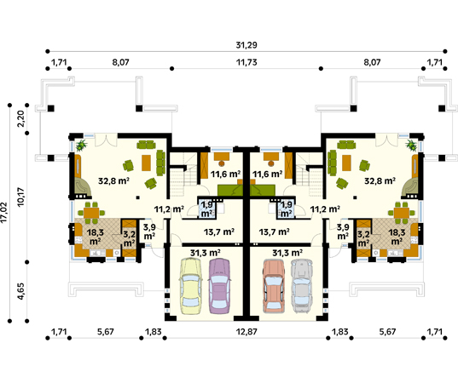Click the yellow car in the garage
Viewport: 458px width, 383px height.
[190, 286]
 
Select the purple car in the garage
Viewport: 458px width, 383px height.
[219, 286]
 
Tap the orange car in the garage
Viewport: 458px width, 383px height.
[274, 286]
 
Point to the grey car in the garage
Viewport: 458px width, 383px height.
[302, 286]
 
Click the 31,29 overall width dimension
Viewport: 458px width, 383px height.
[246, 45]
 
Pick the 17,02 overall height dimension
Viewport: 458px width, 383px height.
[3, 213]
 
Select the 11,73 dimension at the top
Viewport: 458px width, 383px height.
[246, 62]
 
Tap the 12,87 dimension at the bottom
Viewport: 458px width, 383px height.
[246, 332]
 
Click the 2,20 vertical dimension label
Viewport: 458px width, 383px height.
[21, 118]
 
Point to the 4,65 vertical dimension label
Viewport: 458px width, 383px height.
[21, 291]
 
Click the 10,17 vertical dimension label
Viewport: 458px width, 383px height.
[21, 197]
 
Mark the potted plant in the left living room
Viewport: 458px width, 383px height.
[81, 145]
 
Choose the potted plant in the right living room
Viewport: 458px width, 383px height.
[412, 145]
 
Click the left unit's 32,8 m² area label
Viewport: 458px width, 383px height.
[113, 181]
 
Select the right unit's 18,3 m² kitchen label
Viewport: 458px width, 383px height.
[397, 237]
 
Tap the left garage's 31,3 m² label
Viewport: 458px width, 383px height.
[205, 253]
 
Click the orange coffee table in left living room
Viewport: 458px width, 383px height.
[146, 163]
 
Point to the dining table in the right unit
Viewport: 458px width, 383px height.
[402, 213]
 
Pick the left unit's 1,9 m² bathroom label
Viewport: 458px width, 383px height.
[206, 209]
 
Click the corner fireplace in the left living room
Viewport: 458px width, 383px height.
[83, 187]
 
